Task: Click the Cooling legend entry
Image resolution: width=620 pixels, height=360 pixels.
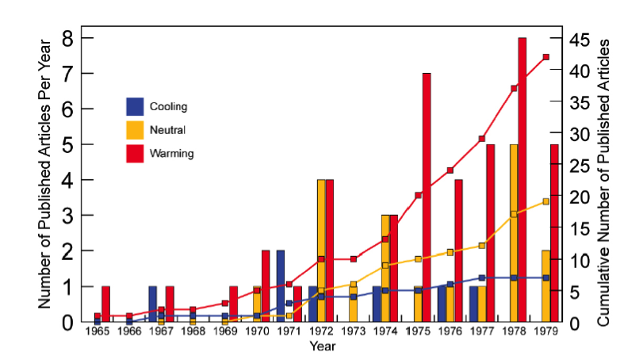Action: point(158,106)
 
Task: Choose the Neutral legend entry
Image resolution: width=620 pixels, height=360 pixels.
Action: point(157,129)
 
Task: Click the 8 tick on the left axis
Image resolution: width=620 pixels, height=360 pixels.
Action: point(67,38)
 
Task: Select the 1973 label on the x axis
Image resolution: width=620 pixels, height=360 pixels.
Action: point(354,331)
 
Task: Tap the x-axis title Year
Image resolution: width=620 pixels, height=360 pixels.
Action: point(322,346)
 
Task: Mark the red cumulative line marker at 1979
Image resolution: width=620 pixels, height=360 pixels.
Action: point(545,57)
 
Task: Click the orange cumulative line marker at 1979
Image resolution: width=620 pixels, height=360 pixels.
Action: point(545,201)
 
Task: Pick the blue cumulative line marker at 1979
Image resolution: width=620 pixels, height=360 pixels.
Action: point(545,278)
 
